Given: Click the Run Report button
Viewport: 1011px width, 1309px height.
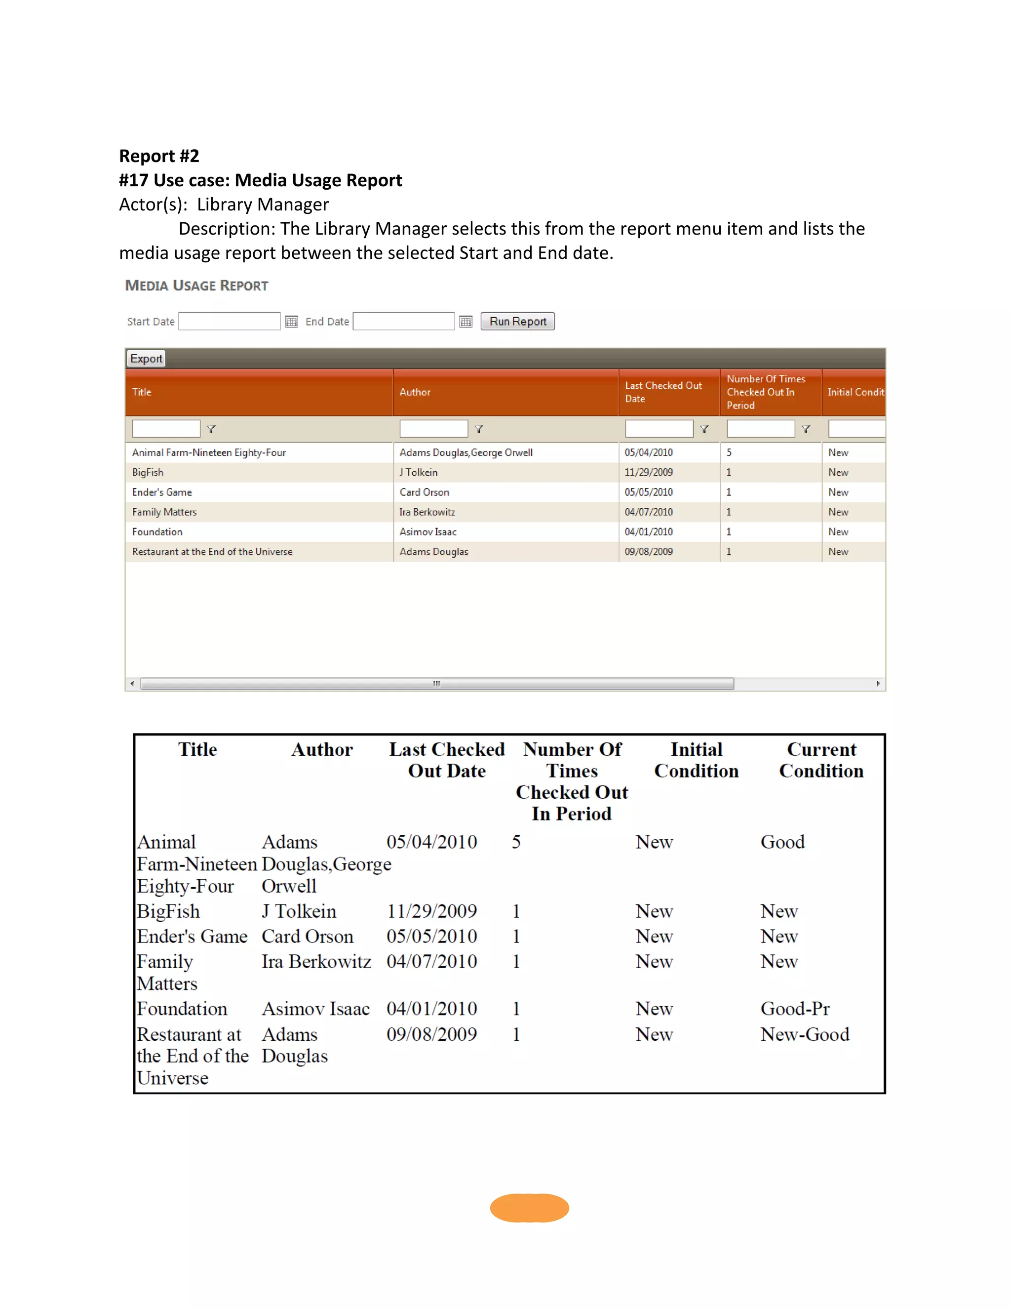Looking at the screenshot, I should point(517,321).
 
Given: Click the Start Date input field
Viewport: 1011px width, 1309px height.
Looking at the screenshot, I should point(230,321).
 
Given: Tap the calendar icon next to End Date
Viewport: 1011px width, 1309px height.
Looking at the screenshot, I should point(466,322).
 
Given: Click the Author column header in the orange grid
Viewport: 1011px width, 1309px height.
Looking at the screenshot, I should point(415,392).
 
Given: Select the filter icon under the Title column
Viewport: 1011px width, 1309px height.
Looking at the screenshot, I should point(211,429).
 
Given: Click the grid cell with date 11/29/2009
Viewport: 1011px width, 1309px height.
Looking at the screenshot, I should point(649,472).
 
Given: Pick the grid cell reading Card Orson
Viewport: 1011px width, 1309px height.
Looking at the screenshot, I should point(424,492).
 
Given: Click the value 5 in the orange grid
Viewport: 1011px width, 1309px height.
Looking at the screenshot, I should point(729,452).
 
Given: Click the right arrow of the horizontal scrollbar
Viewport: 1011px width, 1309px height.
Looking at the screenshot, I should point(878,684).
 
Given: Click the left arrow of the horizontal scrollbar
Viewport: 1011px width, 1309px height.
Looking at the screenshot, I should point(132,684).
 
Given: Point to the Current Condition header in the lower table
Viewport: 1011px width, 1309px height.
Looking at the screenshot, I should point(821,760).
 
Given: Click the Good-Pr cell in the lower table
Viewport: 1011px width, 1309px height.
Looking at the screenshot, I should point(795,1009).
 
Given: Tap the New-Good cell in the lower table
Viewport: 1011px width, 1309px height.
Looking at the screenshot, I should point(804,1034).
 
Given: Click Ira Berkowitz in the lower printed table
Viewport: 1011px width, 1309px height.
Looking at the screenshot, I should point(316,961).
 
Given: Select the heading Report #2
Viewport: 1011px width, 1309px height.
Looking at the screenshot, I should point(159,156).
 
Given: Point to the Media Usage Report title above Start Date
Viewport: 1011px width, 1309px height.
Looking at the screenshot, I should point(196,286).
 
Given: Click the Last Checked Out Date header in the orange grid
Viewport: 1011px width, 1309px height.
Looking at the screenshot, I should point(663,392).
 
